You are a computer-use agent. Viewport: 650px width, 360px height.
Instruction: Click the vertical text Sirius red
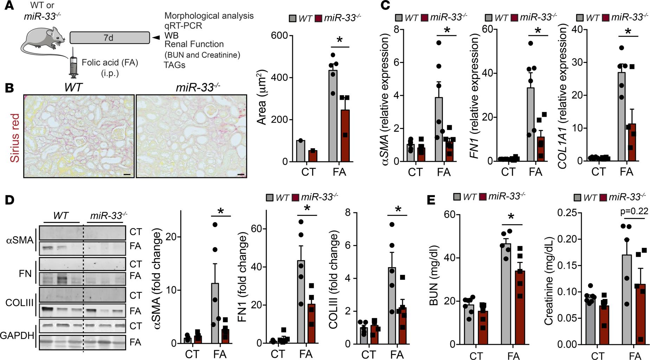click(x=15, y=137)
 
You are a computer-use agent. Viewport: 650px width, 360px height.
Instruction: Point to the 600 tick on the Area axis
click(x=280, y=36)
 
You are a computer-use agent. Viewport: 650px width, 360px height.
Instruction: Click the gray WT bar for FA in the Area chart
click(x=333, y=116)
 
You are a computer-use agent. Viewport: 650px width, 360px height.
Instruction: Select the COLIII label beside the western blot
click(x=19, y=303)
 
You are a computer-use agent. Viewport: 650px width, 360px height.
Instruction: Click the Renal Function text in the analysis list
click(x=194, y=44)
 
